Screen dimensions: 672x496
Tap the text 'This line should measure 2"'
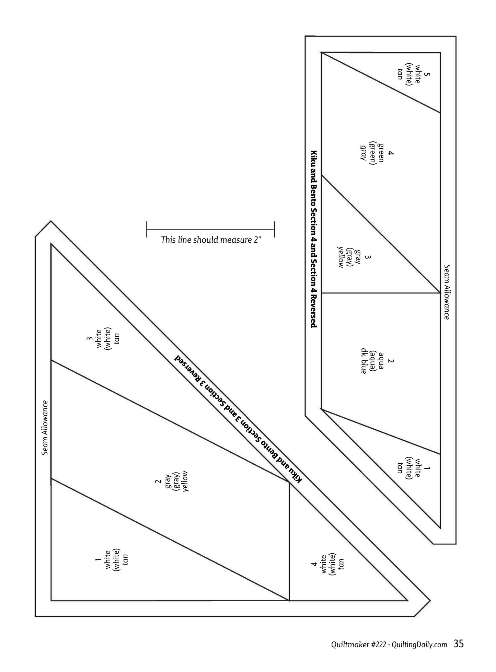[211, 240]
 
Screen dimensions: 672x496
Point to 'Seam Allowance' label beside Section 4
[446, 292]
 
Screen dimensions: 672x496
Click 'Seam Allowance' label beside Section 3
[45, 428]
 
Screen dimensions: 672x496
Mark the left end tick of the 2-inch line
[147, 229]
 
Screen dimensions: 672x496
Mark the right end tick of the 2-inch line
[274, 229]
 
